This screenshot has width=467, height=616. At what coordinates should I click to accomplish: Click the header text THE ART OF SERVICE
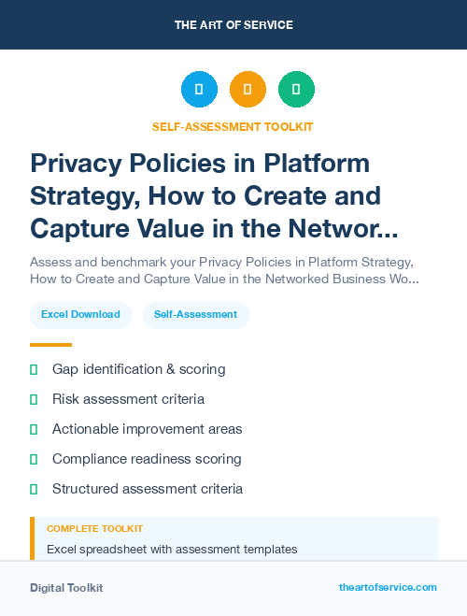point(233,25)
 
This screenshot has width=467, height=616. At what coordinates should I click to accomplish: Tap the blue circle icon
point(199,90)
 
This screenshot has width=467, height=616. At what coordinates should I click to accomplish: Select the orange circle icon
point(248,90)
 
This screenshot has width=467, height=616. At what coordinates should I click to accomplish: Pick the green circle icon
point(296,90)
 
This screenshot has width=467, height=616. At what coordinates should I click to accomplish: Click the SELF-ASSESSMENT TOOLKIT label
point(233,126)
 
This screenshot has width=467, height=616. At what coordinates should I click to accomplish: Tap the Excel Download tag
point(80,314)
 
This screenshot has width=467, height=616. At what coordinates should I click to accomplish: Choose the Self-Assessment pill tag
point(195,314)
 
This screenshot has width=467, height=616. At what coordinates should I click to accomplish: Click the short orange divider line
point(50,344)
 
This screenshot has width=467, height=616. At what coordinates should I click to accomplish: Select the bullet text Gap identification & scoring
point(138,369)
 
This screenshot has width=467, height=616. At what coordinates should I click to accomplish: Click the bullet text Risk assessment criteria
point(128,399)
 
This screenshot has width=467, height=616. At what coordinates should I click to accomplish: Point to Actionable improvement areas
point(147,429)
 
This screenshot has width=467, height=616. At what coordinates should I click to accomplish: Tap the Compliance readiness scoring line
point(147,459)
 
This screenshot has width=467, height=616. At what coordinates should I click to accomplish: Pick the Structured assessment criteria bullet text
point(148,489)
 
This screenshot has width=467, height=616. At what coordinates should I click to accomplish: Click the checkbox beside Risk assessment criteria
point(34,399)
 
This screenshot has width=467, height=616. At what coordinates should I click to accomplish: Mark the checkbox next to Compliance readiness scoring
point(34,459)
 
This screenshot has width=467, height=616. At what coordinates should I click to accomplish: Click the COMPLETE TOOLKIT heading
point(94,529)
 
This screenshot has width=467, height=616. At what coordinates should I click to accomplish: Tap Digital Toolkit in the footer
point(66,588)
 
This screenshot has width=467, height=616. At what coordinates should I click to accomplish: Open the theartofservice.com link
point(388,587)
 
